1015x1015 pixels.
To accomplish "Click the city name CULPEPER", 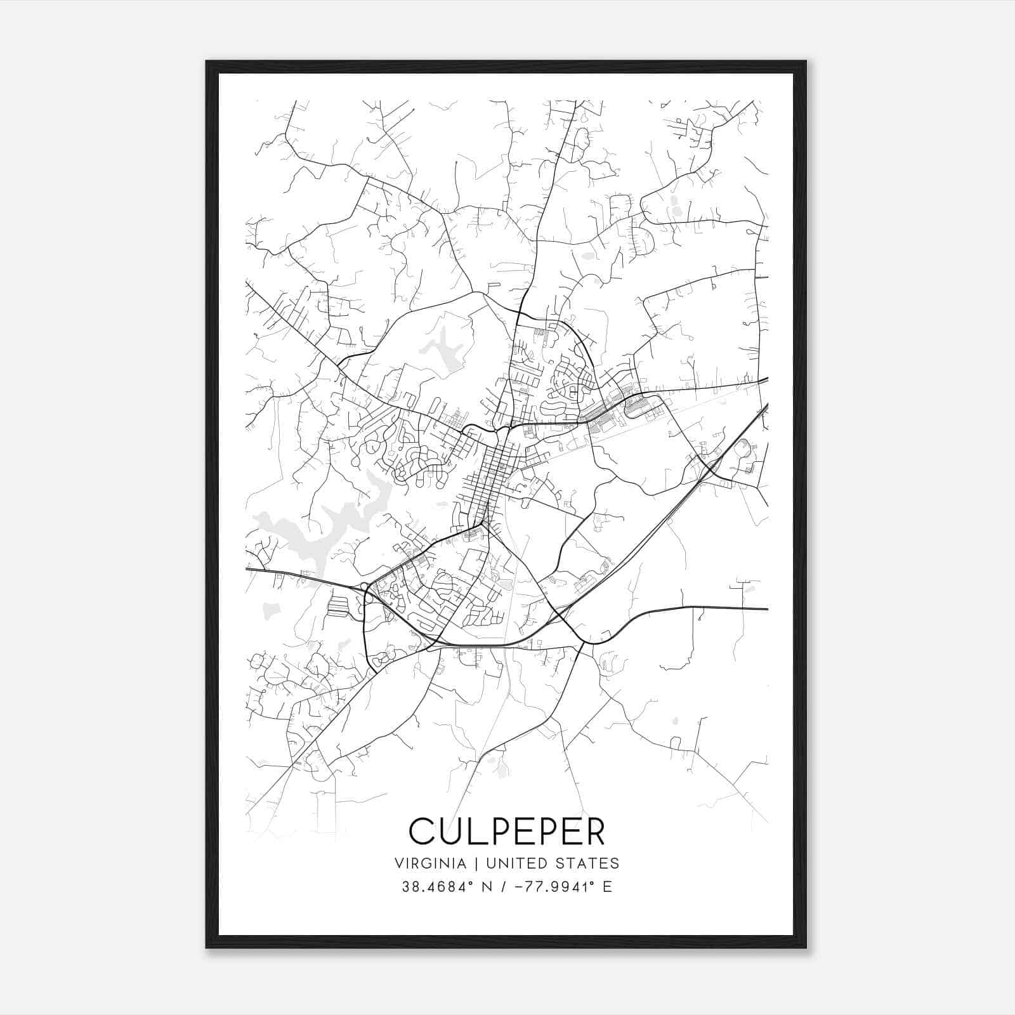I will tap(507, 830).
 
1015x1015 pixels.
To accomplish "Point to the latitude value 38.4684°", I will tap(438, 887).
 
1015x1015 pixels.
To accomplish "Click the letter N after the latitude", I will tap(487, 887).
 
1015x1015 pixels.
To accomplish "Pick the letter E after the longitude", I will tap(607, 887).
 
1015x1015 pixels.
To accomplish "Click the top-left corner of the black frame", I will tap(207, 62).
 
